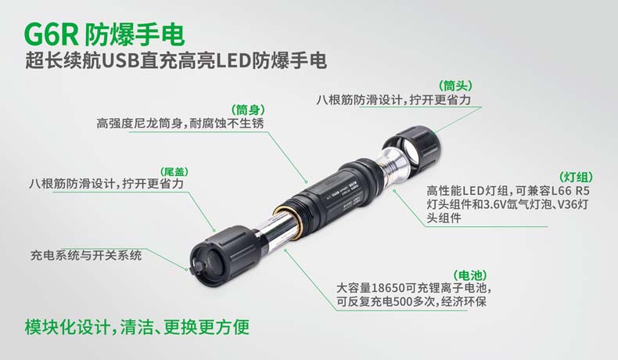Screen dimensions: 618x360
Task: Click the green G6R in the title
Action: click(x=52, y=34)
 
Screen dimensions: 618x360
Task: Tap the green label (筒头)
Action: click(x=455, y=85)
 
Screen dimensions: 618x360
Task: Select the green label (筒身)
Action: click(x=248, y=110)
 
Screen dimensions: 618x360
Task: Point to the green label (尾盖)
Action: click(x=174, y=172)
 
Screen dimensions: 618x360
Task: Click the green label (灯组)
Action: click(x=576, y=177)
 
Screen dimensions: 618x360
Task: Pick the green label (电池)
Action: click(x=470, y=275)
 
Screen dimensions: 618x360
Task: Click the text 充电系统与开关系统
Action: click(x=86, y=255)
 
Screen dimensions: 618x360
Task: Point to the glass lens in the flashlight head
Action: click(x=410, y=151)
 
